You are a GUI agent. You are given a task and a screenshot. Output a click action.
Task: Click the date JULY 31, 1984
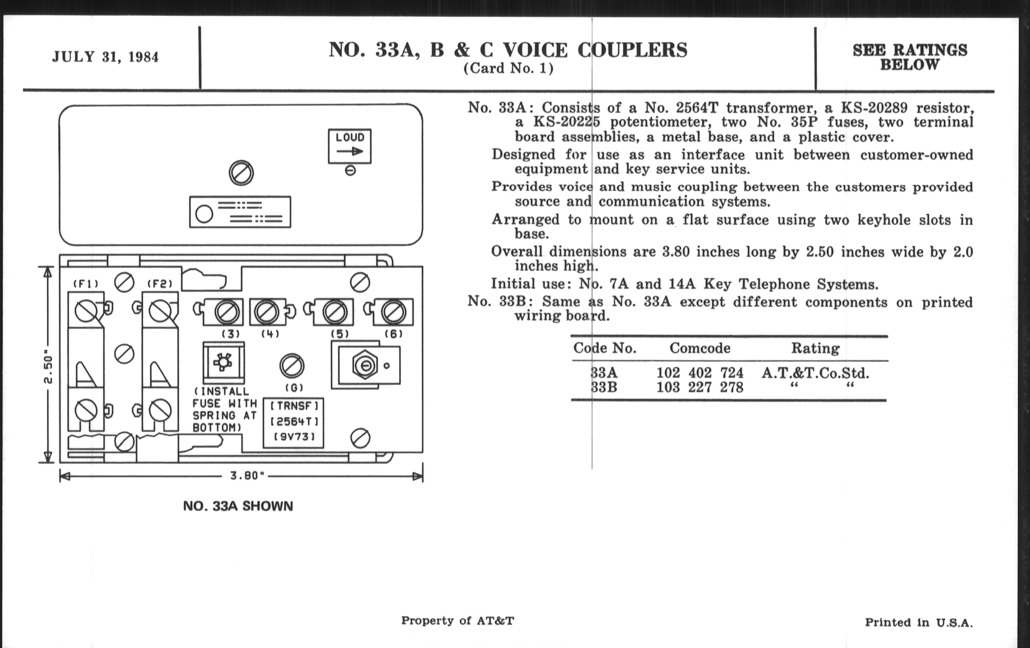click(x=105, y=57)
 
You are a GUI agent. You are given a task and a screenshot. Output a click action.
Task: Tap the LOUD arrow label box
click(x=349, y=146)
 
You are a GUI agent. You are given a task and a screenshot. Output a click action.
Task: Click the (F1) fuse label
click(x=86, y=284)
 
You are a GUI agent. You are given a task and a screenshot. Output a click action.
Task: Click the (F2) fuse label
click(x=160, y=284)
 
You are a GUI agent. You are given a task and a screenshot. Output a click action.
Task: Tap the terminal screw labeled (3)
click(x=226, y=312)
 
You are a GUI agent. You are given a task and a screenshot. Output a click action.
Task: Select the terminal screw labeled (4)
click(x=266, y=312)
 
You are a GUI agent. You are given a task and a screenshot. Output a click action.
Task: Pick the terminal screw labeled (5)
click(x=335, y=312)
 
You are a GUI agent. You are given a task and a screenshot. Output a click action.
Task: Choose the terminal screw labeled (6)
click(x=393, y=312)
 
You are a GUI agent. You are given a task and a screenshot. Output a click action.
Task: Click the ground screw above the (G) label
click(x=292, y=366)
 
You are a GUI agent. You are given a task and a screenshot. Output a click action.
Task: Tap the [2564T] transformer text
click(x=294, y=422)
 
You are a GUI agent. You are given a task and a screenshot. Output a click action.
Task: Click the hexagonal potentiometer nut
click(x=365, y=366)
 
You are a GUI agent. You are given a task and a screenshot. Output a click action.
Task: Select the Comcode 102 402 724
click(x=700, y=373)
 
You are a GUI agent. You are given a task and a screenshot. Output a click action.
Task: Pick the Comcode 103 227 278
click(x=700, y=387)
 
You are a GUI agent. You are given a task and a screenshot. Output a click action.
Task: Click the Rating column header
click(x=815, y=348)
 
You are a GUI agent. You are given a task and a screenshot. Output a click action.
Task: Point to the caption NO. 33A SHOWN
click(x=238, y=506)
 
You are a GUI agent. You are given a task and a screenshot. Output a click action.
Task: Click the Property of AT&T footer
click(x=457, y=620)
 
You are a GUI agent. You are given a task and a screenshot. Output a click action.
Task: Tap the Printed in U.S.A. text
click(x=919, y=622)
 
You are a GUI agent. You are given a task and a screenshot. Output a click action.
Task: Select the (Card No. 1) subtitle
click(x=508, y=69)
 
